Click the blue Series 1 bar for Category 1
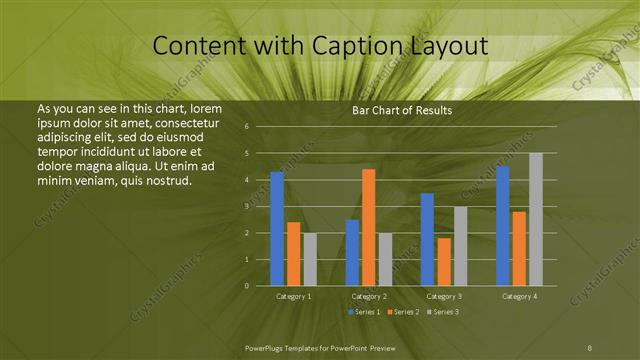coord(277,229)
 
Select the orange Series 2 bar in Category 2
coord(369,228)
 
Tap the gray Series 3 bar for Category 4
coord(536,220)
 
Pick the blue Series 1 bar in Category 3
coord(427,240)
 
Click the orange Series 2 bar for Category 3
coord(444,262)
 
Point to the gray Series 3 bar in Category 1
coord(310,259)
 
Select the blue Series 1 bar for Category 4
coord(503,226)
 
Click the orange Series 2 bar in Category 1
coord(293,254)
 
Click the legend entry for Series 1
coord(364,313)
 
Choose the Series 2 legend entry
coord(404,313)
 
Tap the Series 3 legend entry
coord(444,313)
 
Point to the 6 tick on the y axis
coord(247,127)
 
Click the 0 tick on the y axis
coord(247,286)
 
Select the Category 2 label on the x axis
coord(369,297)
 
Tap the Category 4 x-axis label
coord(519,297)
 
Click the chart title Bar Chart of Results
coord(402,110)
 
